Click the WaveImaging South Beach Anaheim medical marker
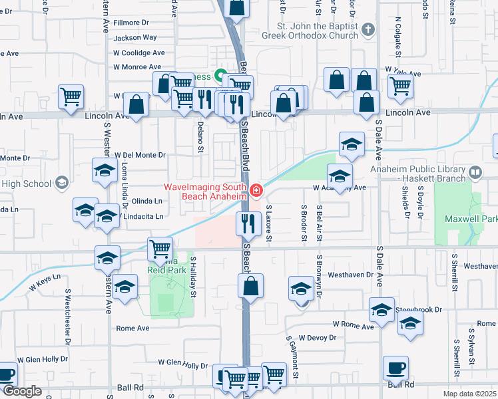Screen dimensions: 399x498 pos(256,191)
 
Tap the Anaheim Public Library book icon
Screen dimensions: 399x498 pos(475,174)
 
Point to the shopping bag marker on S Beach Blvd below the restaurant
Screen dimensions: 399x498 pos(250,287)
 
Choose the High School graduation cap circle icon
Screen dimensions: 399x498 pos(62,183)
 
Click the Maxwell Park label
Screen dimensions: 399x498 pos(479,219)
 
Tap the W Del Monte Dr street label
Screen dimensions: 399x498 pos(139,155)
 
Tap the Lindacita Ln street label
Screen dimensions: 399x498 pos(142,217)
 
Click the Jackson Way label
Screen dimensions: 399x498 pos(135,38)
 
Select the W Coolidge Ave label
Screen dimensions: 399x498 pos(138,53)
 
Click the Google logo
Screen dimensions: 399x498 pos(21,391)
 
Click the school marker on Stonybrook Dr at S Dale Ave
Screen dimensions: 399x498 pos(382,310)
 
